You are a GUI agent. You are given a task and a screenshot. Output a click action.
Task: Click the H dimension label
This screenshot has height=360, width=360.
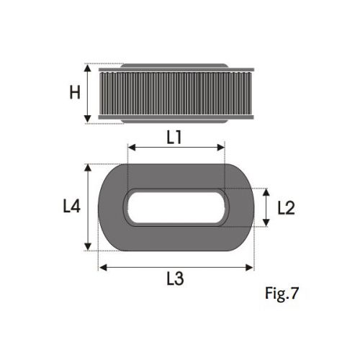point(75,93)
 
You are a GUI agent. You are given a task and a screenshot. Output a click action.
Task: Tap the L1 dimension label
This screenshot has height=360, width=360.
point(174,138)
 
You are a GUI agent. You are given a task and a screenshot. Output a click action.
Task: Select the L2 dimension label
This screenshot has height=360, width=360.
point(286,208)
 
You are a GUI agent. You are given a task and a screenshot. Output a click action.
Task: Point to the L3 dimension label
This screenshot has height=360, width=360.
point(175,279)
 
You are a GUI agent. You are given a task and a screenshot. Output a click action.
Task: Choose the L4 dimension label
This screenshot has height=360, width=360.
point(71,207)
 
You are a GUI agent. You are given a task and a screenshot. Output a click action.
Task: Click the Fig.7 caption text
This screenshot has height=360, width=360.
point(282,293)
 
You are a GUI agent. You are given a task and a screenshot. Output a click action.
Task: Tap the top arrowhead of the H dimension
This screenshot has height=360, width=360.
point(88,68)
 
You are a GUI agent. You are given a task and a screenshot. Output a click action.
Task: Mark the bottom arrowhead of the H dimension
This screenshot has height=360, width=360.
point(88,119)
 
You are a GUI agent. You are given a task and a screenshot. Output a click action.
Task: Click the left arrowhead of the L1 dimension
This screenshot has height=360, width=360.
point(132,148)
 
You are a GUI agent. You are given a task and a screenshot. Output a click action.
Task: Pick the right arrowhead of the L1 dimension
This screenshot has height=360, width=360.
point(220,148)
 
